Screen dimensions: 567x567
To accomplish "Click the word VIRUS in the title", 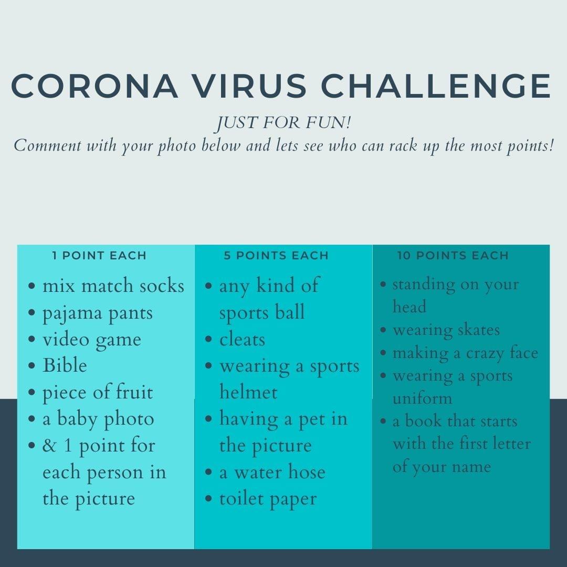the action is click(x=249, y=86).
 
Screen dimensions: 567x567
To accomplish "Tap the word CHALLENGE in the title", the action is click(x=436, y=86).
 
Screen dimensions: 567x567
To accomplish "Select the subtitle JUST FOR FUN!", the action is click(x=283, y=122).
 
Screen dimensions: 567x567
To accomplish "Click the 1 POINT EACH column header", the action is click(x=99, y=255).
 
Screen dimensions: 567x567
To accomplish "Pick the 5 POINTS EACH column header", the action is click(x=276, y=255).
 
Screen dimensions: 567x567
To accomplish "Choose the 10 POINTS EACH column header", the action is click(x=453, y=255).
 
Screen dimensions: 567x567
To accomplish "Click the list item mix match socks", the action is click(x=113, y=286).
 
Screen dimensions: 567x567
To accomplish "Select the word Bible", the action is click(x=65, y=365).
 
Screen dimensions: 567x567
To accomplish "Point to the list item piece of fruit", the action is click(x=98, y=393).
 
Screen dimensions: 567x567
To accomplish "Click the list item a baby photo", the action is click(x=98, y=419).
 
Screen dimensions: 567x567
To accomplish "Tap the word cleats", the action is click(x=242, y=339).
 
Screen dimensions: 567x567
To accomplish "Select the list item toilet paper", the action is click(x=268, y=499).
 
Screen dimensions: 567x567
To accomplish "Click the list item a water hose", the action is click(x=272, y=472).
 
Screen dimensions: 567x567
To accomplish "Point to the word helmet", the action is click(x=248, y=392).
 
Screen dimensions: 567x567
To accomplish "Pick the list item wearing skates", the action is click(x=446, y=330).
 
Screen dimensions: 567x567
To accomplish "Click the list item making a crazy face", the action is click(x=465, y=353).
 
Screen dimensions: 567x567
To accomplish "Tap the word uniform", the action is click(x=422, y=398).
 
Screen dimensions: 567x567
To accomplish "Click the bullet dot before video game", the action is click(x=32, y=339).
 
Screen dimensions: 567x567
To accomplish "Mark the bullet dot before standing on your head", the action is click(x=383, y=284).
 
